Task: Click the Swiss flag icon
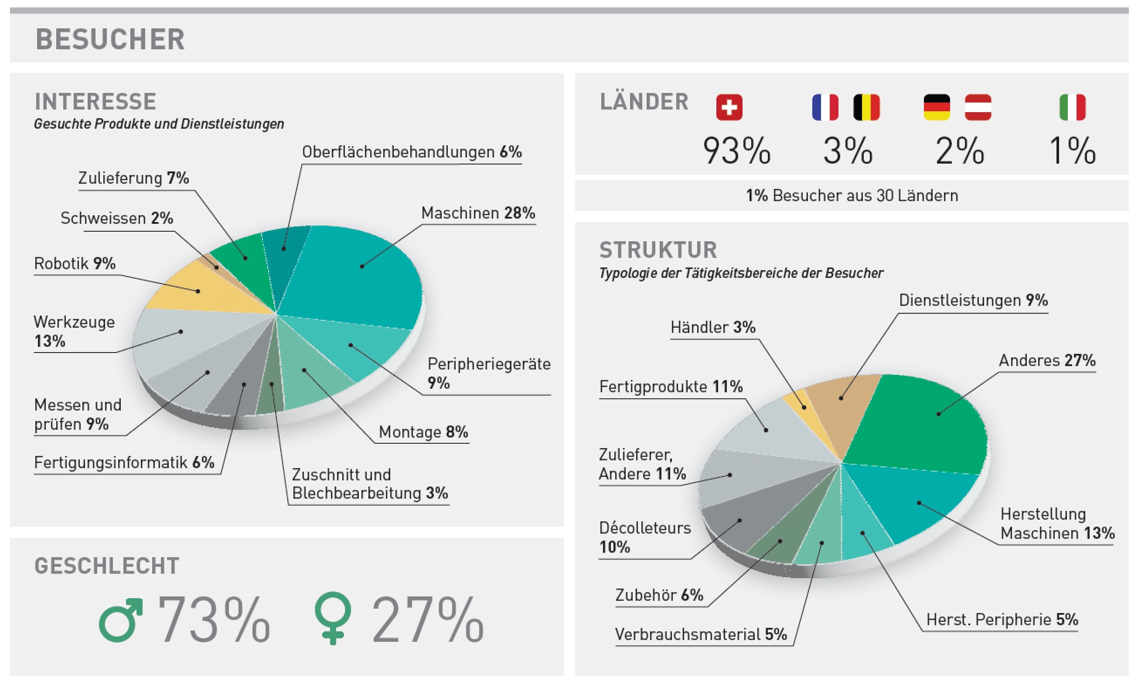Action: click(729, 108)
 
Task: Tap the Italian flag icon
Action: click(1072, 108)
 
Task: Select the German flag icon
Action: click(937, 108)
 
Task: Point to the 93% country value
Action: click(736, 151)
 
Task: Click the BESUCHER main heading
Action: click(110, 39)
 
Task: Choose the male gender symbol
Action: click(120, 620)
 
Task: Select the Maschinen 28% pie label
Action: click(478, 213)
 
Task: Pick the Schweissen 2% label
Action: click(117, 218)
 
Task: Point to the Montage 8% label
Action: click(423, 432)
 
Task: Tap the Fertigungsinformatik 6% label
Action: click(124, 462)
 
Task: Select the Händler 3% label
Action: click(713, 328)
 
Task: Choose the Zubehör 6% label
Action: click(659, 596)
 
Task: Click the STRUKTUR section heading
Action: click(658, 250)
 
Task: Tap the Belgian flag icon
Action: click(866, 108)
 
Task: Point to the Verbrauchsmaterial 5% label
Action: click(701, 635)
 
